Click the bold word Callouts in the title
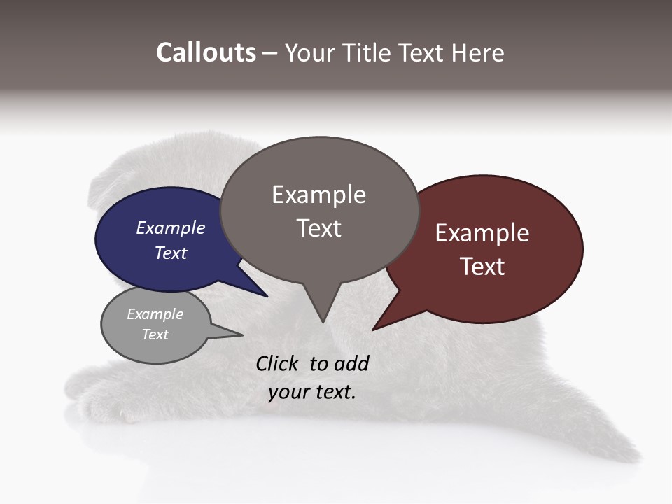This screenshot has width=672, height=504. tap(206, 52)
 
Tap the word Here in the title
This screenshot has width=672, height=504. tap(477, 52)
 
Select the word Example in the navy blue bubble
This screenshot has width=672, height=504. tap(170, 227)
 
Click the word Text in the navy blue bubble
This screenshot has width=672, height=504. tap(170, 253)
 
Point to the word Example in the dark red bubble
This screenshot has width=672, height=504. tap(482, 233)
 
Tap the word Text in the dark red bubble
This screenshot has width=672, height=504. tap(482, 266)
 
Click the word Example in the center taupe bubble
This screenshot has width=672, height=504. tap(318, 195)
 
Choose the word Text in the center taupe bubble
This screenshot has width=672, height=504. tap(318, 228)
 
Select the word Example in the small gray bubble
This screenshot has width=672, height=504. tap(155, 314)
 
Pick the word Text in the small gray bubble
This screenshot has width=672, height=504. tap(155, 335)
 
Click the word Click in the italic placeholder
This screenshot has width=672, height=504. tap(278, 363)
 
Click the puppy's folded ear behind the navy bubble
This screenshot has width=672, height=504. tap(105, 189)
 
